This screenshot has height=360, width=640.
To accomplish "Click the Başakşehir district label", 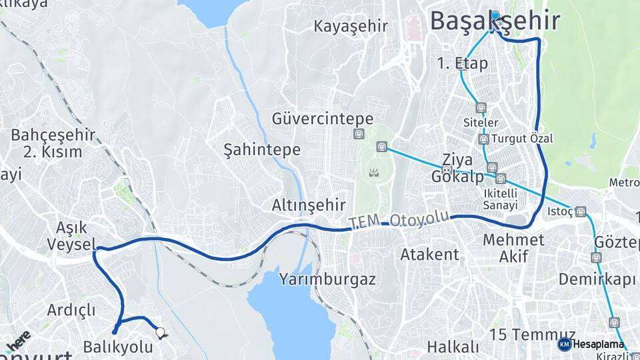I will [x=495, y=21].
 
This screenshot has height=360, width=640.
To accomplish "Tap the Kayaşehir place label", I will [x=351, y=27].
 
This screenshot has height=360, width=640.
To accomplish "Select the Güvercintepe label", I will [x=323, y=119].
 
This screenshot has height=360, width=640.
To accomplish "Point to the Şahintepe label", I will [x=262, y=149].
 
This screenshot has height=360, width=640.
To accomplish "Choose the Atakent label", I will [x=429, y=254].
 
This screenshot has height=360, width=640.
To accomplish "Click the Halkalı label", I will [x=453, y=347].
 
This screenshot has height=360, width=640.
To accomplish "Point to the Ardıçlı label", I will [x=71, y=310].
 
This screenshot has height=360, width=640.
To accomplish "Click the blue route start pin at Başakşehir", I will [x=495, y=15].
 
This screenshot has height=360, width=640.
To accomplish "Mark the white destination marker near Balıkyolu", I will [x=159, y=331].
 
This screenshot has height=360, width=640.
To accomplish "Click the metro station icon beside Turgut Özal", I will [x=483, y=139].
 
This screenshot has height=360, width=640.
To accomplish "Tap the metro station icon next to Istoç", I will [x=581, y=212].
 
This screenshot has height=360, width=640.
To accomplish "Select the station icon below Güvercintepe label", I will [x=359, y=134].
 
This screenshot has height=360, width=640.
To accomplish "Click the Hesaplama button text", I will [x=597, y=345].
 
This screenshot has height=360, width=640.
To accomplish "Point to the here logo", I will [x=18, y=342].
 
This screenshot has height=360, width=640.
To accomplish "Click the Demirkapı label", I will [x=597, y=279].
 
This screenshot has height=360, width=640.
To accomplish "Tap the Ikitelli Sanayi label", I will [x=500, y=199].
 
